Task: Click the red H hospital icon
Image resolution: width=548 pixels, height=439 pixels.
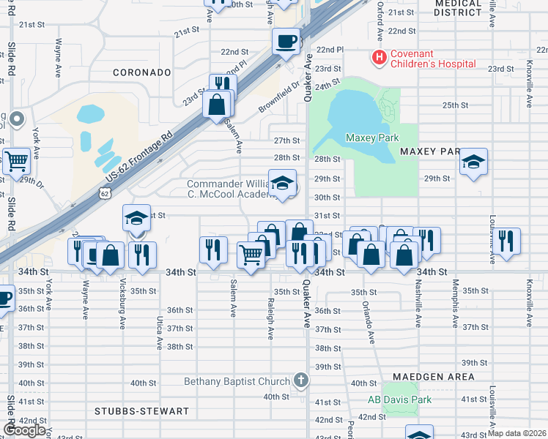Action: tap(379, 56)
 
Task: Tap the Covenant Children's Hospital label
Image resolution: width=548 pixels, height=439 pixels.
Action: tap(433, 59)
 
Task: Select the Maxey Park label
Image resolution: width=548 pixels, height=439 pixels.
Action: tap(371, 138)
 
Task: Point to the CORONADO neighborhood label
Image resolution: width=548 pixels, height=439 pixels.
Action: tap(141, 73)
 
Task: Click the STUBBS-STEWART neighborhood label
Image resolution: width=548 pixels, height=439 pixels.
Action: tap(141, 412)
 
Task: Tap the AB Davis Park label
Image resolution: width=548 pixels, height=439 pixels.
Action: tap(399, 400)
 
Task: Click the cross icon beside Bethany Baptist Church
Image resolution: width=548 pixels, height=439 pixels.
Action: tap(300, 380)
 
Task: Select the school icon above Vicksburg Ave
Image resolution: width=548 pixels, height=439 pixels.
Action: tap(136, 218)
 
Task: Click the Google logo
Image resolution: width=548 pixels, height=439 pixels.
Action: tap(25, 430)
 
